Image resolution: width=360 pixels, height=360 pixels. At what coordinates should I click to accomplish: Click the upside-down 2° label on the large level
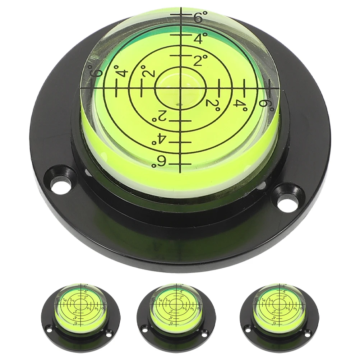pos(160,116)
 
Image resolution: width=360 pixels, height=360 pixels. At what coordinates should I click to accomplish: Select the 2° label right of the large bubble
pos(213,104)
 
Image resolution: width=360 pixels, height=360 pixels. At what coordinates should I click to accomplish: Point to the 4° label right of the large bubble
pos(240,103)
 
